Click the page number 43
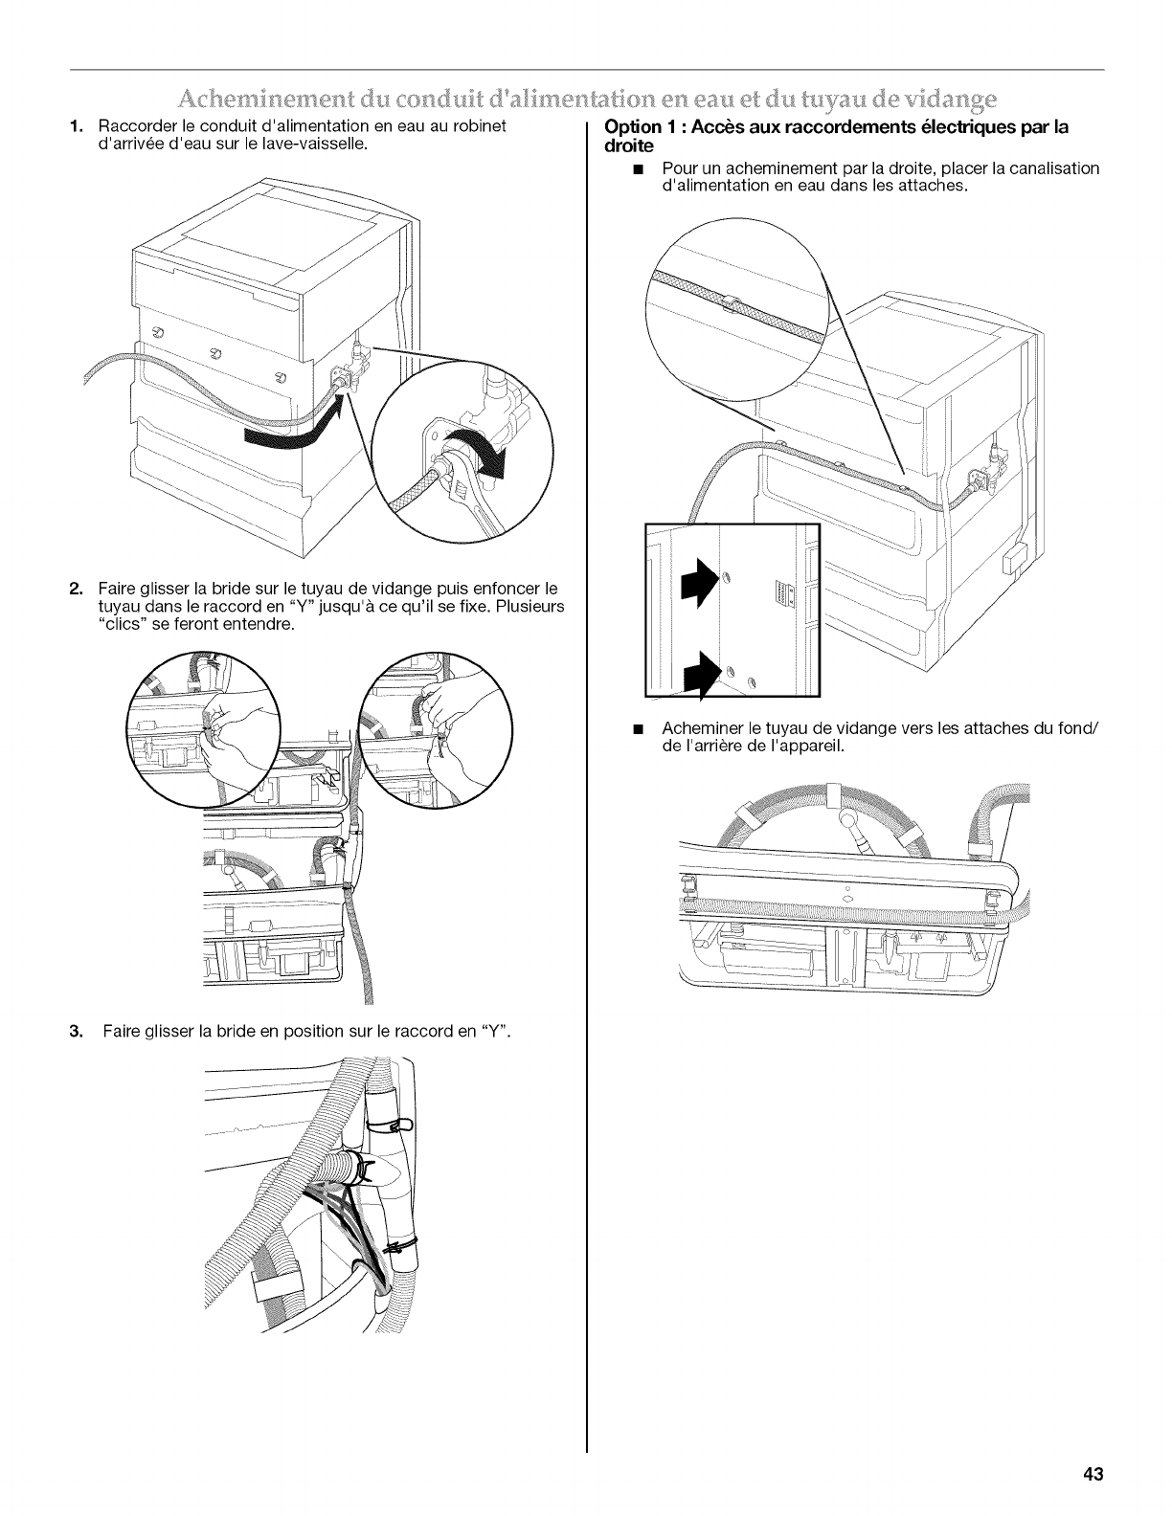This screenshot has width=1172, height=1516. coord(1093,1475)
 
